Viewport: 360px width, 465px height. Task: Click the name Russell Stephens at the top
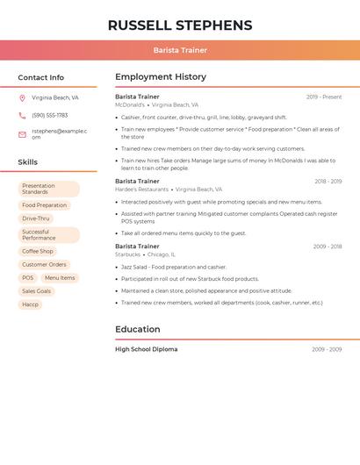(x=180, y=25)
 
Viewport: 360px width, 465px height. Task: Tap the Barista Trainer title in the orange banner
(x=180, y=50)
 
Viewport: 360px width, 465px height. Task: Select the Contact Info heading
(x=41, y=77)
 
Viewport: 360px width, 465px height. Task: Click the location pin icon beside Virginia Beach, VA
(x=22, y=98)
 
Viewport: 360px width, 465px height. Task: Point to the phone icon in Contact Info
(x=22, y=115)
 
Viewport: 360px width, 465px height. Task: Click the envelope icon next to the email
(x=22, y=134)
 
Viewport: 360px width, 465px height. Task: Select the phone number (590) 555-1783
(x=50, y=115)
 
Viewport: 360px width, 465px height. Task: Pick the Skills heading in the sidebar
(x=28, y=162)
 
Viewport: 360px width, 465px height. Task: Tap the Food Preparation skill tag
(x=44, y=205)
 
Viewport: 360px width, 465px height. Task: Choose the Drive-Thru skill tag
(x=36, y=218)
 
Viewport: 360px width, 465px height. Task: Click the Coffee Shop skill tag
(x=38, y=251)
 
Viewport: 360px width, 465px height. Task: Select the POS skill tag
(x=28, y=277)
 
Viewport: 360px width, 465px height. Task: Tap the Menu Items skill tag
(x=60, y=277)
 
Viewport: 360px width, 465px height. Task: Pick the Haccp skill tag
(x=31, y=304)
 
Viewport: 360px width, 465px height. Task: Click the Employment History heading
(x=161, y=77)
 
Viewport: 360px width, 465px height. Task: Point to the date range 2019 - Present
(x=324, y=97)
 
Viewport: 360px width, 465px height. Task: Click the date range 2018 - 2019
(x=328, y=182)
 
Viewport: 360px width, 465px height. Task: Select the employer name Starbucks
(x=128, y=254)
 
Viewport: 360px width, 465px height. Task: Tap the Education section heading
(x=138, y=330)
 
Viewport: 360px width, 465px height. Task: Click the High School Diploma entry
(x=147, y=349)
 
